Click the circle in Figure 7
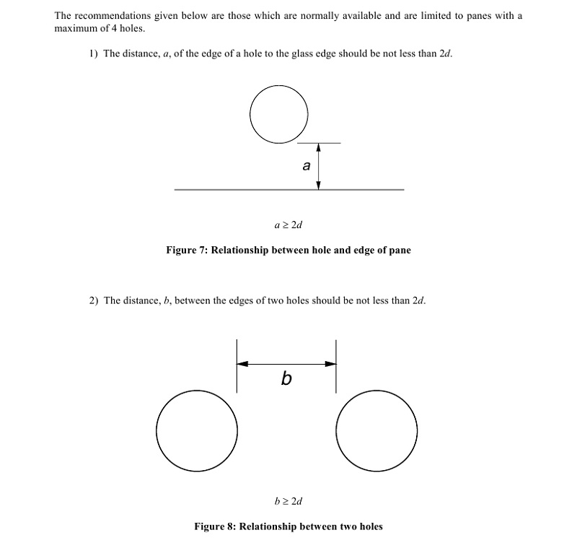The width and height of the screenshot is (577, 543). coord(279,113)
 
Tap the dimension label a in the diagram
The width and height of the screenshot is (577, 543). coord(307,166)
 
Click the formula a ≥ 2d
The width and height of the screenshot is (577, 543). coord(288,225)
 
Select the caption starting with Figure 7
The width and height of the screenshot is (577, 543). coord(288,251)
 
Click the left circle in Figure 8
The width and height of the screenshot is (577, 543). coord(197,431)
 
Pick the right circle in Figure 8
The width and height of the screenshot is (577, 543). coord(376,431)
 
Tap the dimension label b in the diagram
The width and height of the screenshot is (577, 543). coord(286,378)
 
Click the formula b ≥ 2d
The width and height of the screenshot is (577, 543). coord(288,500)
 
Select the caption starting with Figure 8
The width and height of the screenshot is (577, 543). coord(288,526)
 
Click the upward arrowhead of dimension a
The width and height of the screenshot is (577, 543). coord(318,148)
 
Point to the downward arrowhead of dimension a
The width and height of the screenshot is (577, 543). coord(318,185)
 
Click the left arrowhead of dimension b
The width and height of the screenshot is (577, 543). coord(242,364)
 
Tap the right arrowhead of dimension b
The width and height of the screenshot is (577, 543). coord(331,364)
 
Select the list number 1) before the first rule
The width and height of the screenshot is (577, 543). coord(93,54)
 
